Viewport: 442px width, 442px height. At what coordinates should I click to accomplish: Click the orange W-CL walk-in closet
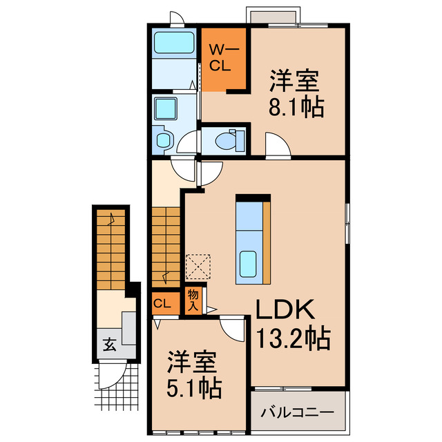[224, 58]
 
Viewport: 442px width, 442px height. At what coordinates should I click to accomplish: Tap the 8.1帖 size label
[296, 108]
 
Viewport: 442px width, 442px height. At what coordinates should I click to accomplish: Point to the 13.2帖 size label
[293, 338]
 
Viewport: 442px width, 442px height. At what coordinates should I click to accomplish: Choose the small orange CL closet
[163, 302]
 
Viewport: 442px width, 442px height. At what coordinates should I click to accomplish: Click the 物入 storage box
[193, 300]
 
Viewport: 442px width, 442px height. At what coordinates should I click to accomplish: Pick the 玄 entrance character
[109, 343]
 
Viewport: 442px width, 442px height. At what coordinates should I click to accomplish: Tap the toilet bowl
[227, 141]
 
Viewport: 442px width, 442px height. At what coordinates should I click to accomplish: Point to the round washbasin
[164, 141]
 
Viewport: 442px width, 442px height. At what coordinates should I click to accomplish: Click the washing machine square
[166, 108]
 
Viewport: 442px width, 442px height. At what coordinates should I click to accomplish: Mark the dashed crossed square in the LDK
[199, 265]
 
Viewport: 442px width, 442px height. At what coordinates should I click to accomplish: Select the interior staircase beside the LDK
[166, 242]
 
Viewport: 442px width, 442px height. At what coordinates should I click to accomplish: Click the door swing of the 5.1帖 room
[233, 327]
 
